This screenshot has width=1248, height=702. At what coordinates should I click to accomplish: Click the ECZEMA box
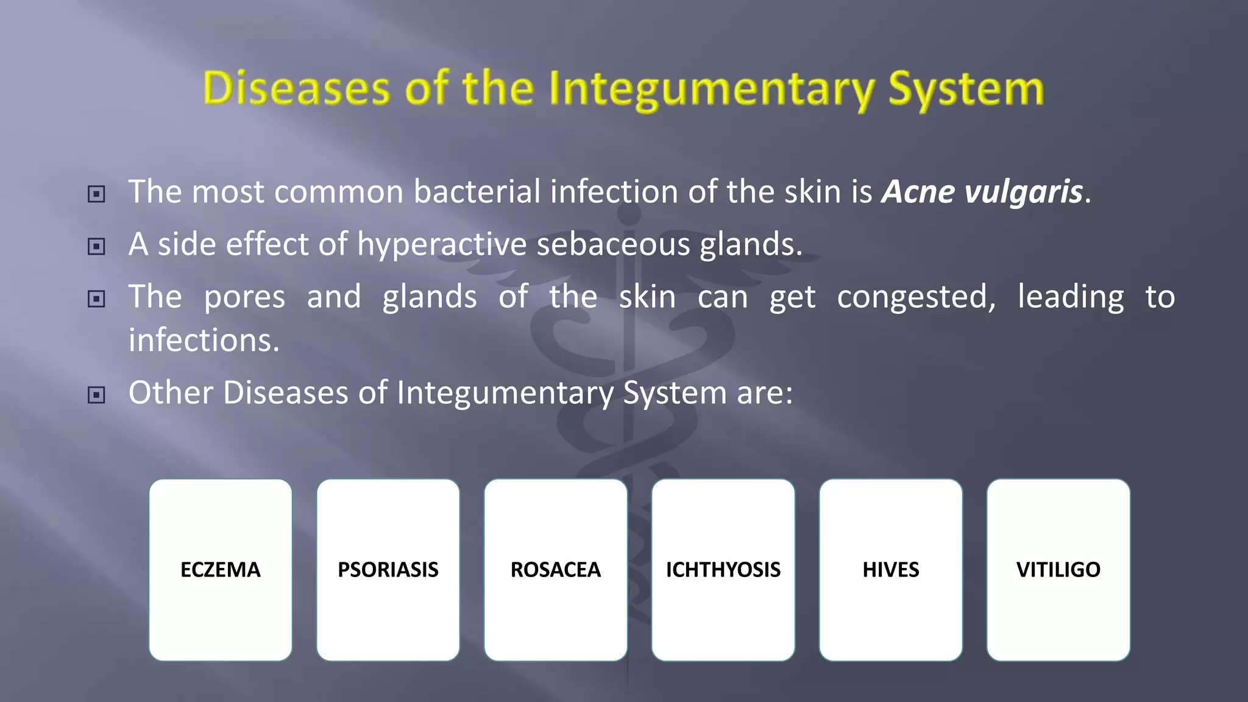[220, 569]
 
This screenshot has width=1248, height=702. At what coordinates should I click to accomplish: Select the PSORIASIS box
[388, 569]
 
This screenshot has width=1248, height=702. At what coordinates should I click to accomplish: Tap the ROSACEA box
[555, 569]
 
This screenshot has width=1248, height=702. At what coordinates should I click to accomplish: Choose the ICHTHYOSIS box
[723, 569]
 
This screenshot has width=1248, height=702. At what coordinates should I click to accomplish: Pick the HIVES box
[890, 569]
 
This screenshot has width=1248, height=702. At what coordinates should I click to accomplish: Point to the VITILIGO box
[1058, 569]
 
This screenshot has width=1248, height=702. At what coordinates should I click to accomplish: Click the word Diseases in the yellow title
[296, 88]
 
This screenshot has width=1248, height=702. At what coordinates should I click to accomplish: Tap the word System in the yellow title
[966, 90]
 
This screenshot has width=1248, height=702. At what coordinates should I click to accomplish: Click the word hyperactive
[442, 244]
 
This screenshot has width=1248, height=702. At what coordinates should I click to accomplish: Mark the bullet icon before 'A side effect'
[96, 247]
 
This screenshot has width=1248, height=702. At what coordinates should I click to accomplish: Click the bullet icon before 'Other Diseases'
[96, 395]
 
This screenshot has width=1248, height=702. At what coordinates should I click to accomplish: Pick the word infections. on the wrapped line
[204, 340]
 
